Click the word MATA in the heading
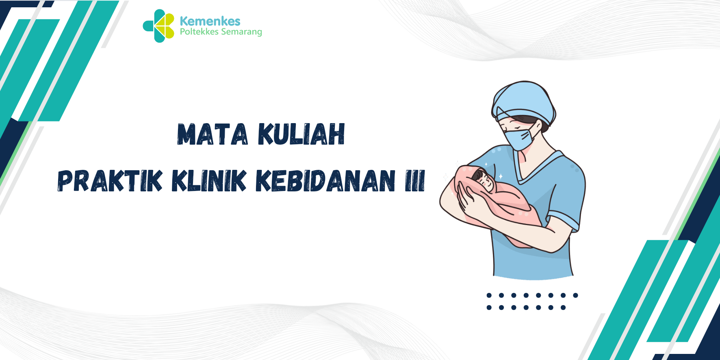[x=213, y=134]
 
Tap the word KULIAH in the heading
[x=301, y=134]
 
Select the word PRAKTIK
[x=110, y=181]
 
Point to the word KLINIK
[x=209, y=181]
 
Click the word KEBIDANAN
[x=325, y=181]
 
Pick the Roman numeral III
[x=415, y=181]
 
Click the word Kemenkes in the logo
[x=210, y=21]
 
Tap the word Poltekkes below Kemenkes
[x=199, y=31]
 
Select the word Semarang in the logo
[x=241, y=32]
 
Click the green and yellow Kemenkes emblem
[x=158, y=26]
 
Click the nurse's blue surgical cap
[x=523, y=102]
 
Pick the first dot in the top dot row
[x=489, y=295]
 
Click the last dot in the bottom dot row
[x=563, y=308]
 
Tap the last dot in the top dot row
[x=575, y=295]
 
